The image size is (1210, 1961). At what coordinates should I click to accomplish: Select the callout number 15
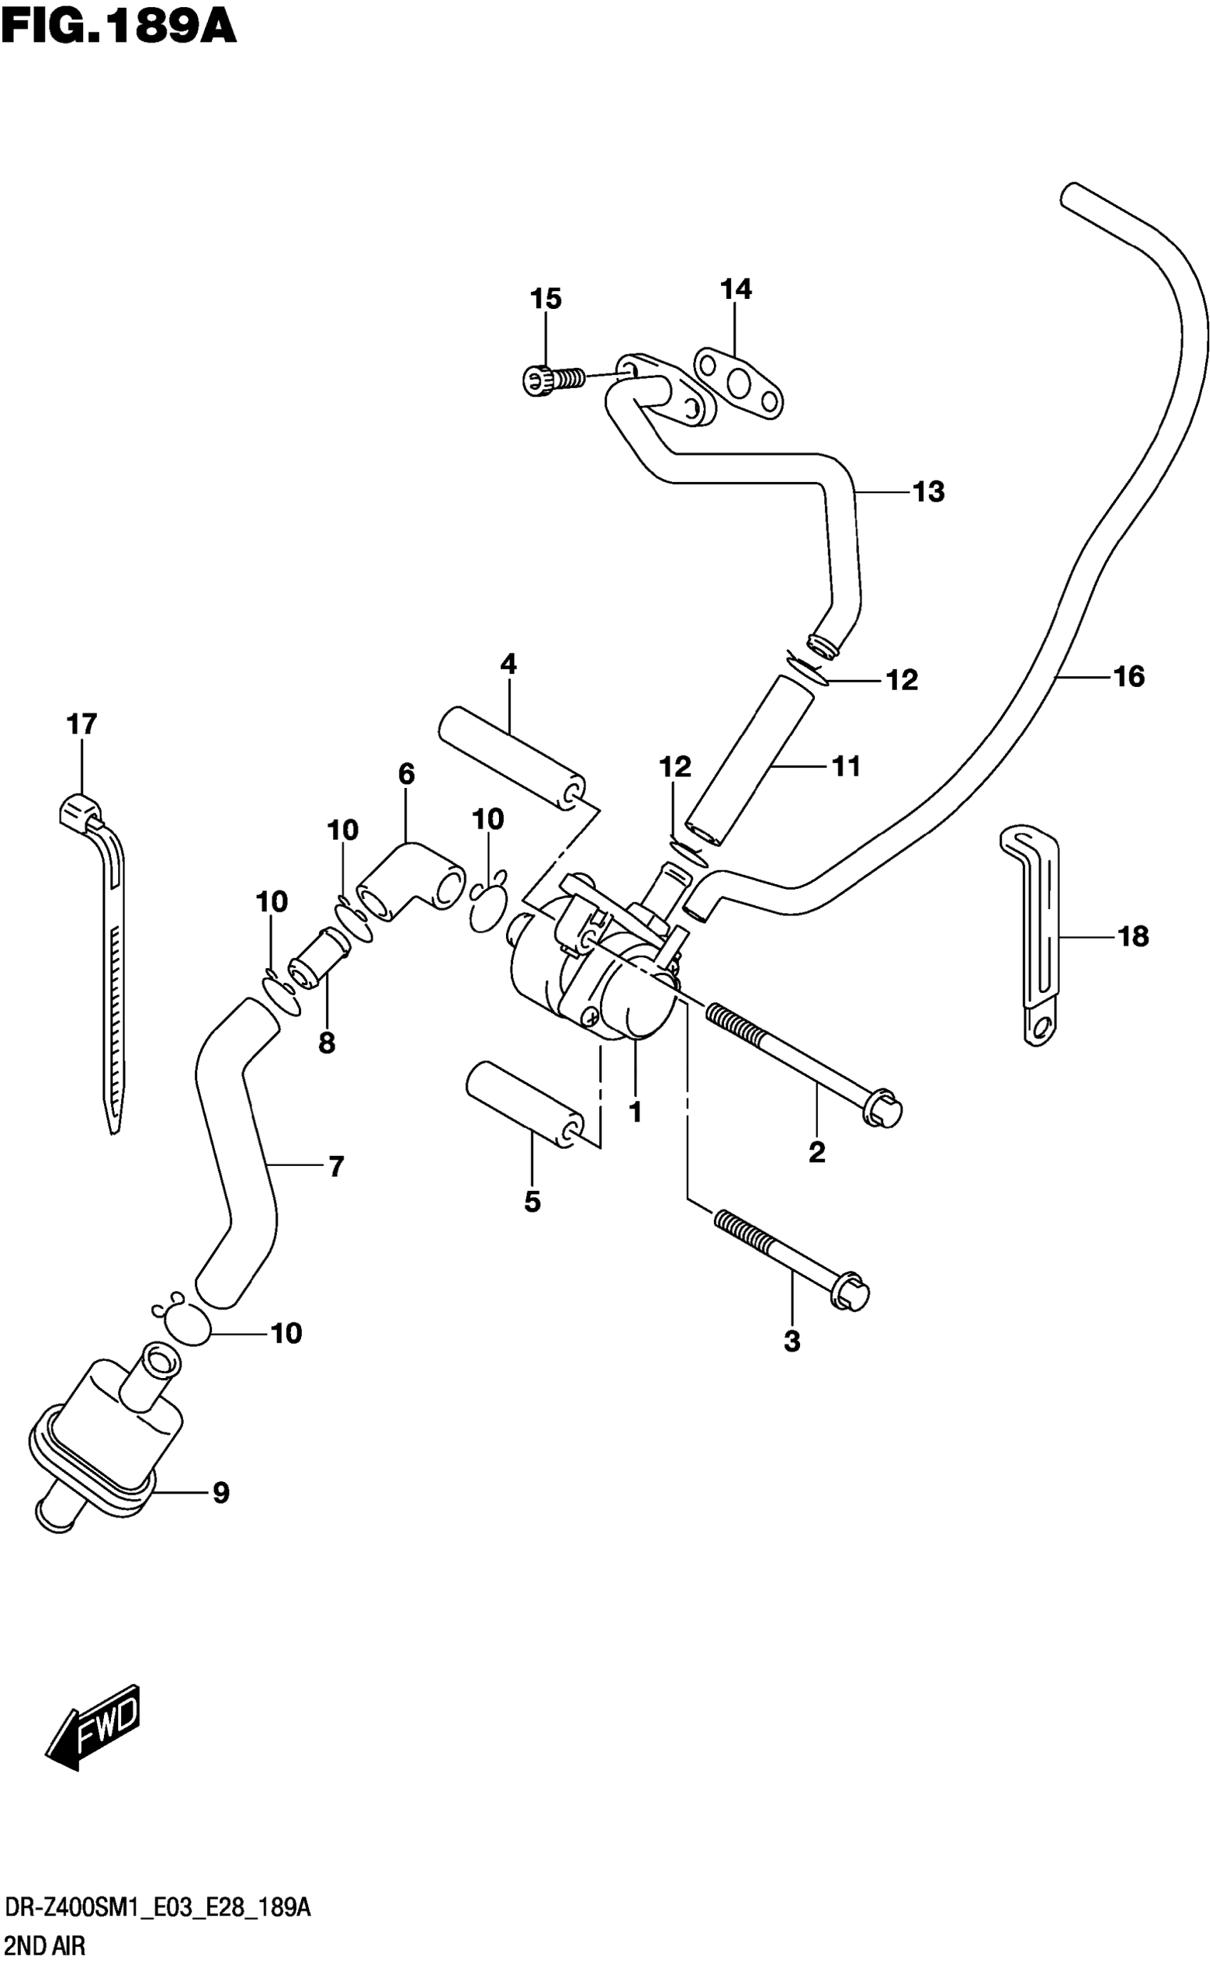[x=546, y=299]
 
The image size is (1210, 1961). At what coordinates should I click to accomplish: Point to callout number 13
[x=928, y=491]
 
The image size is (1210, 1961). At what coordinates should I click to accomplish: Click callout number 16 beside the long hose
[x=1128, y=677]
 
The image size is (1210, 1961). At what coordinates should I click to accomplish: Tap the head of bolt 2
[x=883, y=1111]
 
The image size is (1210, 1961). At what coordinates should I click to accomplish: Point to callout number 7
[x=336, y=1167]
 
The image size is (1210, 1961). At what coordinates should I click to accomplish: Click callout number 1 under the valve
[x=636, y=1111]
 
